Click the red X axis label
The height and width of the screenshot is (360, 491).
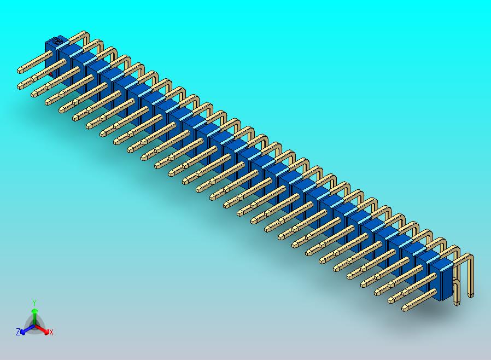click(x=51, y=332)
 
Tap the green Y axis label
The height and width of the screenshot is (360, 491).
click(x=34, y=303)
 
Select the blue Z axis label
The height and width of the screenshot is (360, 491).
click(x=18, y=332)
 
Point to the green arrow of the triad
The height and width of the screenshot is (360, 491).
click(x=34, y=314)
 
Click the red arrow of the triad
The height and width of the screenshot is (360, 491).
click(x=43, y=330)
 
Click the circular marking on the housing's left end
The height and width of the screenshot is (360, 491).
click(x=55, y=41)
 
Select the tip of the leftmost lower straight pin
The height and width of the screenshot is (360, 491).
click(x=21, y=86)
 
